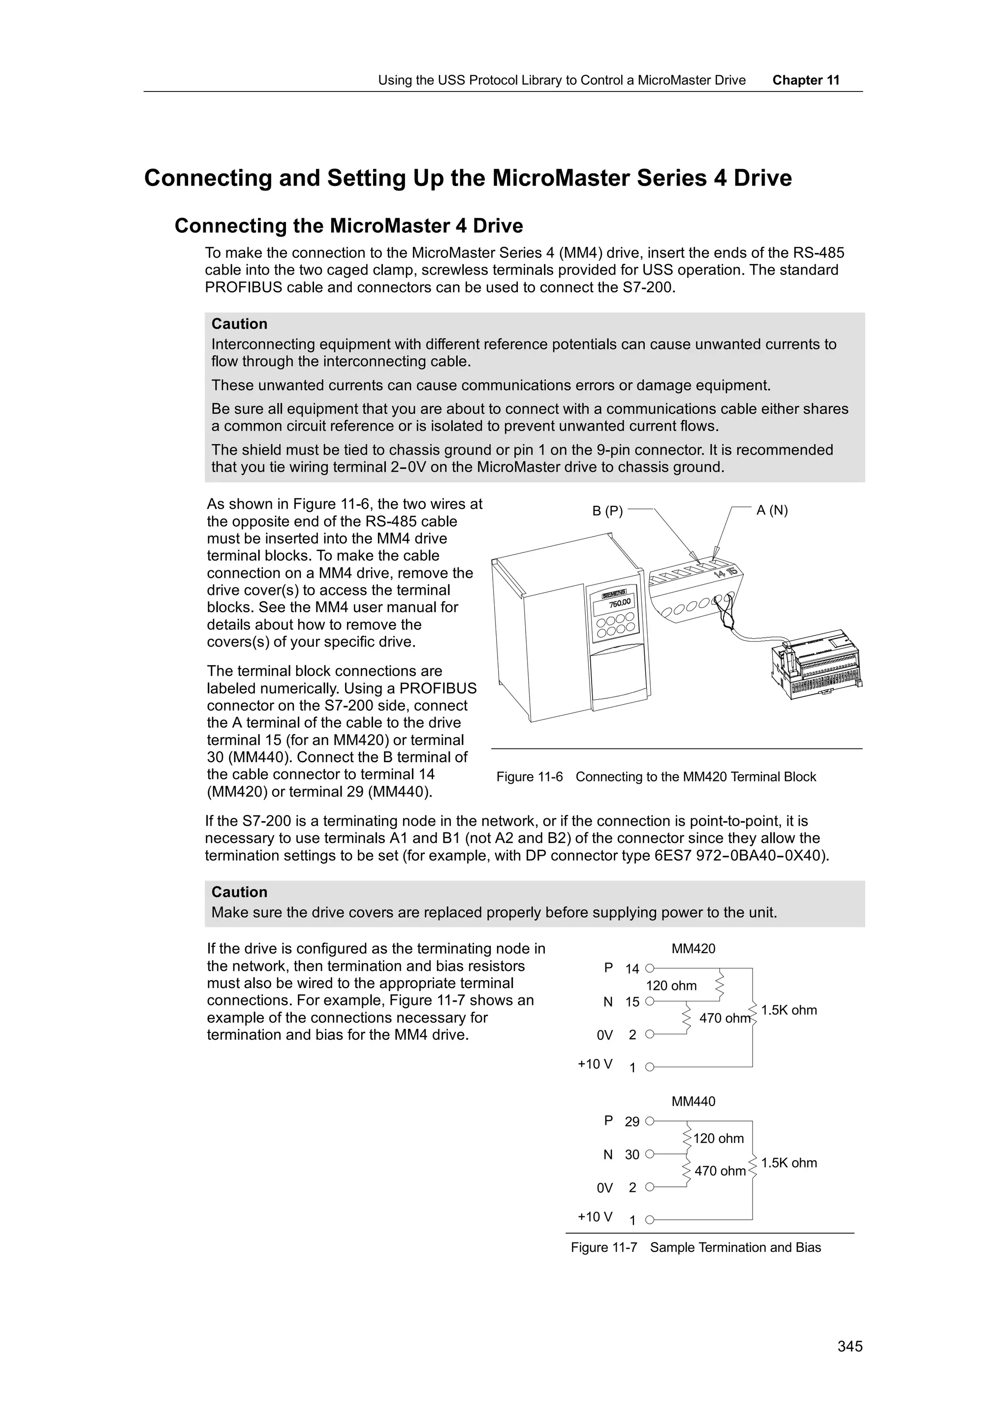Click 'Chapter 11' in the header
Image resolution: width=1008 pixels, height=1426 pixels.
tap(806, 80)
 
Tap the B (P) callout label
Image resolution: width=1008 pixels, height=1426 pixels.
tap(607, 511)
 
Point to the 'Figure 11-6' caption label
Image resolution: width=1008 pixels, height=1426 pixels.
tap(529, 777)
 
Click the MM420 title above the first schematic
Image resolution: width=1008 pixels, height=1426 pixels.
tap(693, 948)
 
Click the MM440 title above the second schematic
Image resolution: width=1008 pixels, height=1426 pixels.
tap(693, 1101)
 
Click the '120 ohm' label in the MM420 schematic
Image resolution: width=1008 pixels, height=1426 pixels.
tap(671, 986)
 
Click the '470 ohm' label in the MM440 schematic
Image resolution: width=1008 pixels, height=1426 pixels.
tap(720, 1171)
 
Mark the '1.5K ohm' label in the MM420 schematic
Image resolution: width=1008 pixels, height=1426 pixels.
tap(789, 1010)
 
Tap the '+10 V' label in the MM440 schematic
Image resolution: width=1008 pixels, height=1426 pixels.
tap(595, 1216)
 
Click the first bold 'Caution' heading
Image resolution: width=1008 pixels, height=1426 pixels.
tap(239, 324)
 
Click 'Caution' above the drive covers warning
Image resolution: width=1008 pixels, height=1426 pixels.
tap(239, 892)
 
